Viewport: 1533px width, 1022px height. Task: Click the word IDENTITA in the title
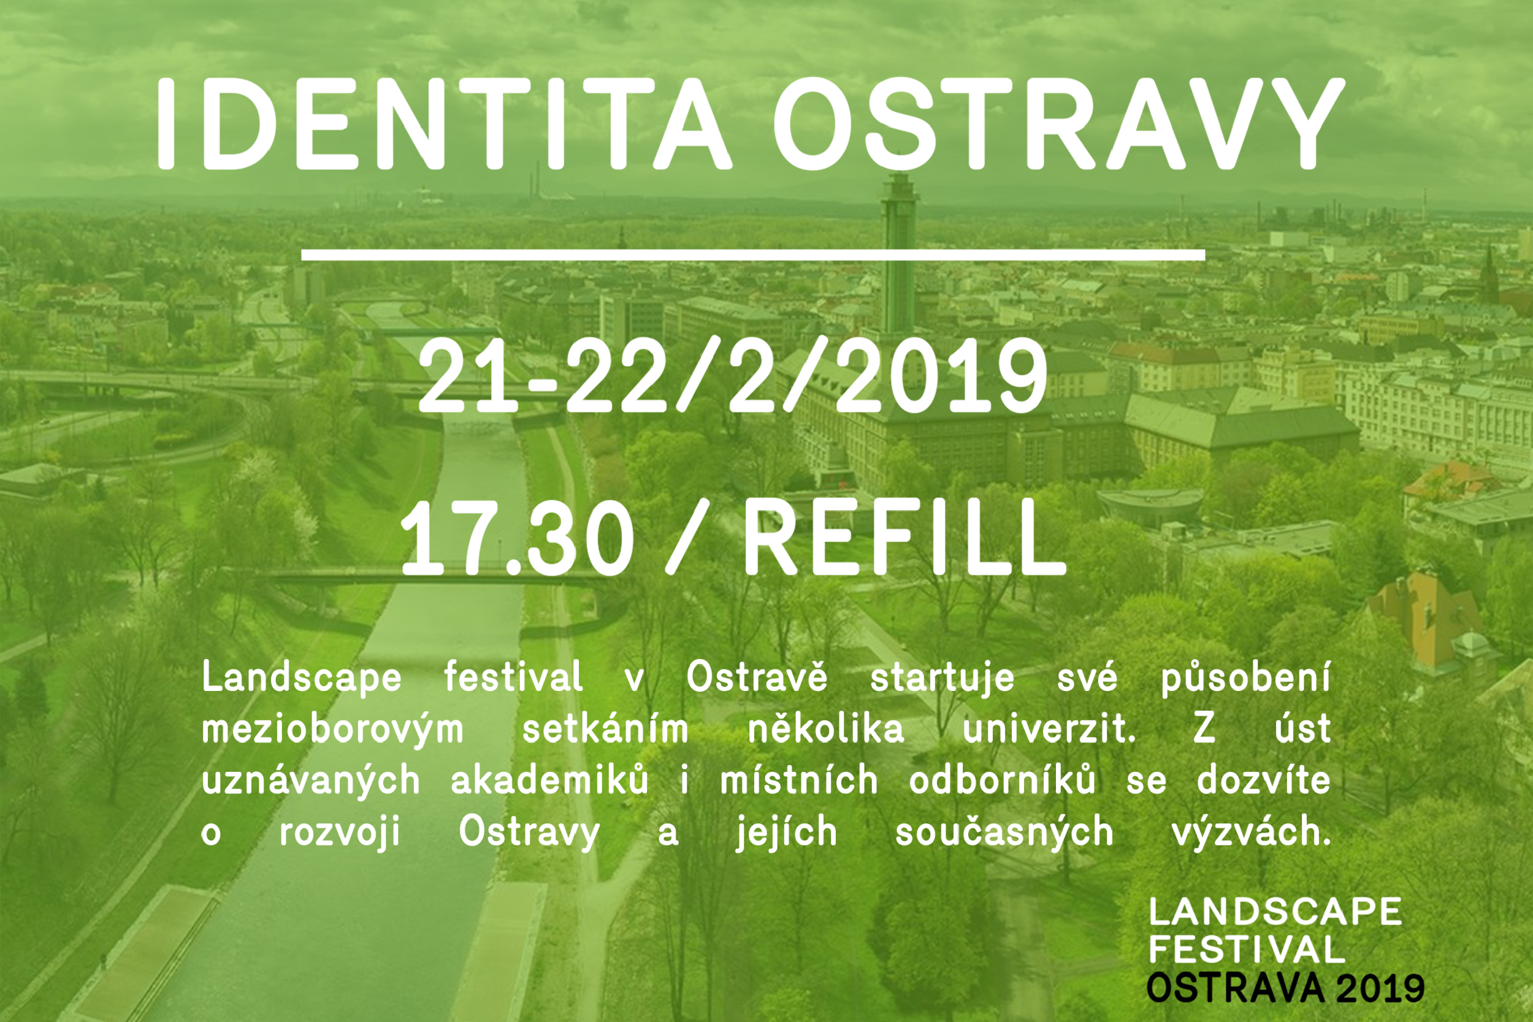point(443,124)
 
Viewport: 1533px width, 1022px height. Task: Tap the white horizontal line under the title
point(753,255)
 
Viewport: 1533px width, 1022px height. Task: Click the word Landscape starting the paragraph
point(302,679)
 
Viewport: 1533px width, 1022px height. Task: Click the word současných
point(1004,833)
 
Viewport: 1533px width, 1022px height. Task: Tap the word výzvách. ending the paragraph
point(1252,833)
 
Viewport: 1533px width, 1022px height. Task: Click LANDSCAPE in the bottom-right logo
point(1275,912)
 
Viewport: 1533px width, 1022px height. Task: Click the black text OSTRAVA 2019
point(1285,988)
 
